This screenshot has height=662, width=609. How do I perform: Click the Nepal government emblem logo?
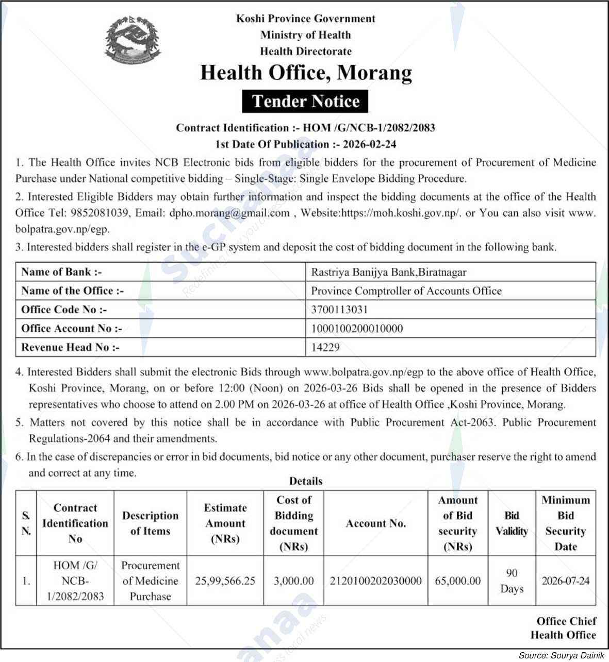133,40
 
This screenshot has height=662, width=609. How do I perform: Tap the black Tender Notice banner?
305,101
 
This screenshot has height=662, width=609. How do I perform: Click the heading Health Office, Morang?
306,73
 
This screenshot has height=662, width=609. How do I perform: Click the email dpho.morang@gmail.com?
229,213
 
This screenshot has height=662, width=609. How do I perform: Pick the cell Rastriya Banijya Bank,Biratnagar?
388,272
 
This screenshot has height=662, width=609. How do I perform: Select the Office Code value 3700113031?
339,310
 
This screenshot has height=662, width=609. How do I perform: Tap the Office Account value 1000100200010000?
357,329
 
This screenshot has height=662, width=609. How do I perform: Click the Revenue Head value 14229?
325,347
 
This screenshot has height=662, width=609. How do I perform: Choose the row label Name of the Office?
72,291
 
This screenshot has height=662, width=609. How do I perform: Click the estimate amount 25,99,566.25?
225,581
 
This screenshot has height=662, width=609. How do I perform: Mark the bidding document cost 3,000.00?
293,581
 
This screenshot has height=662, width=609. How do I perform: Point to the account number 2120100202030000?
375,581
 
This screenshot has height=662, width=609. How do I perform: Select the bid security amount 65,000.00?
457,581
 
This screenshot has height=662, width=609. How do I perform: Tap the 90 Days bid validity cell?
512,581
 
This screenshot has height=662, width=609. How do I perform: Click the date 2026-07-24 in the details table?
565,581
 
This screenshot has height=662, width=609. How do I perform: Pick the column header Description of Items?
150,523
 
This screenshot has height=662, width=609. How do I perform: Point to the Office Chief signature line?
566,621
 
